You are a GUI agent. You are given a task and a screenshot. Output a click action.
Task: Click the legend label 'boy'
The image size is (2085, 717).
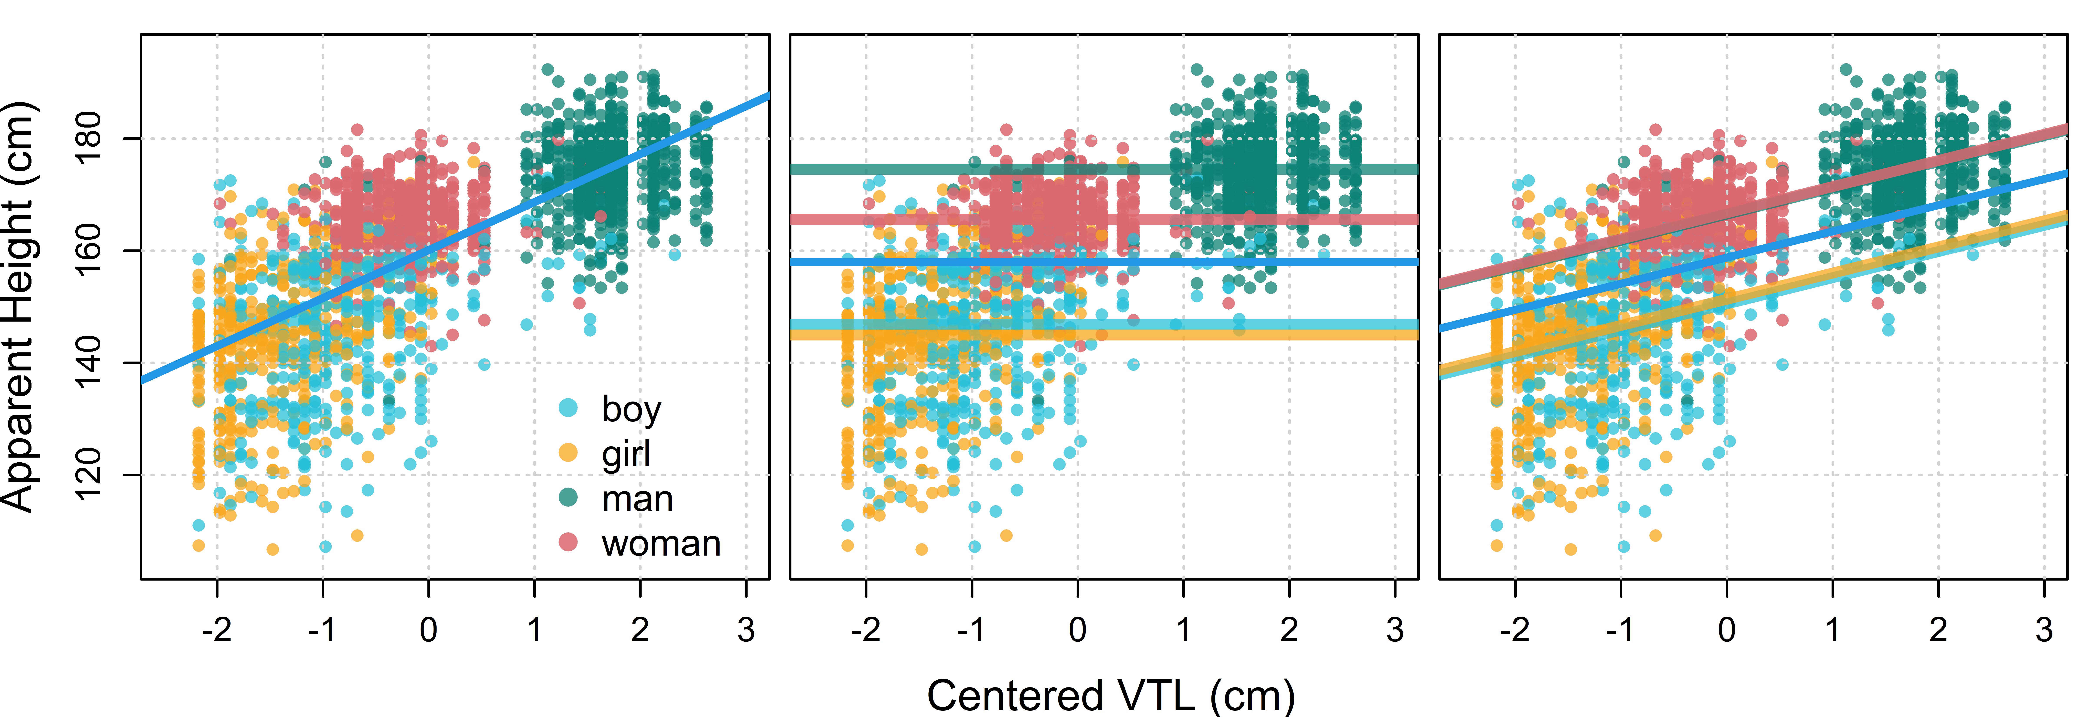[631, 410]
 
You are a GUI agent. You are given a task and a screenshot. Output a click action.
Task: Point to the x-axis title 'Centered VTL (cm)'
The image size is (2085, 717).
[1110, 696]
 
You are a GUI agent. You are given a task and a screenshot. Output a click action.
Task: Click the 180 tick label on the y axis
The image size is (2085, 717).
[89, 138]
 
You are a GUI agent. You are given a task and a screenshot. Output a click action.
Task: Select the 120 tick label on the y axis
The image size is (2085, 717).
[89, 475]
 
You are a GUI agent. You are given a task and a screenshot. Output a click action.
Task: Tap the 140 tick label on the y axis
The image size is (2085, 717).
[89, 363]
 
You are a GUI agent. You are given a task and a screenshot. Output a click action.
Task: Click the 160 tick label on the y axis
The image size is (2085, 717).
[89, 251]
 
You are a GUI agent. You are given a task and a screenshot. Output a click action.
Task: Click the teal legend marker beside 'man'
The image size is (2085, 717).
[568, 497]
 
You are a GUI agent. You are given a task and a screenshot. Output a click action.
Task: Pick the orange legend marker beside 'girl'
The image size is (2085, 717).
[568, 452]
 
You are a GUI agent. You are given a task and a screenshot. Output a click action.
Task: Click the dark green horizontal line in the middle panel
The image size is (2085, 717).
[1104, 169]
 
